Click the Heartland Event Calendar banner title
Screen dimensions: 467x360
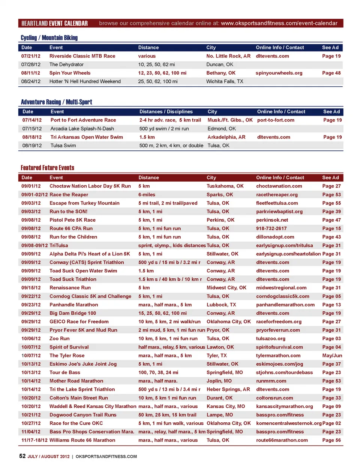tap(54, 23)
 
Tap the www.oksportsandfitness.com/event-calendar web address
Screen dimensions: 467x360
tap(279, 23)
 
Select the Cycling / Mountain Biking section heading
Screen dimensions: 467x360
tap(49, 38)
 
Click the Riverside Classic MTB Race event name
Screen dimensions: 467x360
tap(82, 56)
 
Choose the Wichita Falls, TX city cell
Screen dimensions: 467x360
tap(225, 81)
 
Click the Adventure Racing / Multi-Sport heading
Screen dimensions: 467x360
tap(56, 102)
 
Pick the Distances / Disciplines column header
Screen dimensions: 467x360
tap(166, 112)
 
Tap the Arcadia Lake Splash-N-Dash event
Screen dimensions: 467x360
tap(82, 129)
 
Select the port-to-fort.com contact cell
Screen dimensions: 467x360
tap(276, 120)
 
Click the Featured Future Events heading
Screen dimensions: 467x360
tap(47, 168)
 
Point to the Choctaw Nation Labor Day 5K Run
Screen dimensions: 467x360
tap(90, 186)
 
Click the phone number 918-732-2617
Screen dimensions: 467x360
tap(271, 228)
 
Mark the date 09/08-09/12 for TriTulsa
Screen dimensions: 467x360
tap(34, 245)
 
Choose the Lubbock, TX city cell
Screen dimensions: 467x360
tap(221, 305)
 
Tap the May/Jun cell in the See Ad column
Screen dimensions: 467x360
tap(332, 356)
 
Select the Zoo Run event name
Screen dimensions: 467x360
tap(59, 338)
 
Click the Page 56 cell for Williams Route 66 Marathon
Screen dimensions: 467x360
tap(331, 440)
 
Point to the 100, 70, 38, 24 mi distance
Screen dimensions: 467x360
tap(158, 372)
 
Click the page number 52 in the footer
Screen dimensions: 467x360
tap(22, 456)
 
